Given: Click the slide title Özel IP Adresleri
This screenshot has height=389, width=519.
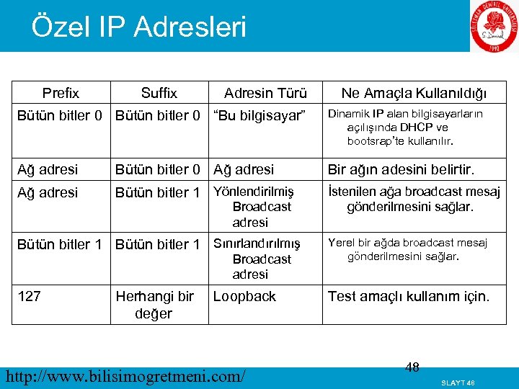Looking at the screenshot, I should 138,27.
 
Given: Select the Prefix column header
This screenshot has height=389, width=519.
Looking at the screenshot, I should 61,93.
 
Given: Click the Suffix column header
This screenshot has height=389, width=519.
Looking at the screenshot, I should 159,93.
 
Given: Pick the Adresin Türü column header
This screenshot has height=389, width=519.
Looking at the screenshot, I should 265,93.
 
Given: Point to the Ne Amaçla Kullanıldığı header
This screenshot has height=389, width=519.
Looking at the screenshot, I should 414,93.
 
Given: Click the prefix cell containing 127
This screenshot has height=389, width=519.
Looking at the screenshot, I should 29,296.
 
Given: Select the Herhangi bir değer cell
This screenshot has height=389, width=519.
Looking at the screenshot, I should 154,305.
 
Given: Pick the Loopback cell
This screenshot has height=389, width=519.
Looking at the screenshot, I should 244,296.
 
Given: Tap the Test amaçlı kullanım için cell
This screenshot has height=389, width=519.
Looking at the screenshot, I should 408,296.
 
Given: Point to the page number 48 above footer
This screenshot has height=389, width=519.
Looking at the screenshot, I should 412,367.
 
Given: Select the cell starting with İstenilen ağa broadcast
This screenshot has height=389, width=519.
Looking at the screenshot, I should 414,199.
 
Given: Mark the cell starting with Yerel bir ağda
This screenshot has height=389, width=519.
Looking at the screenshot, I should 408,249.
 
